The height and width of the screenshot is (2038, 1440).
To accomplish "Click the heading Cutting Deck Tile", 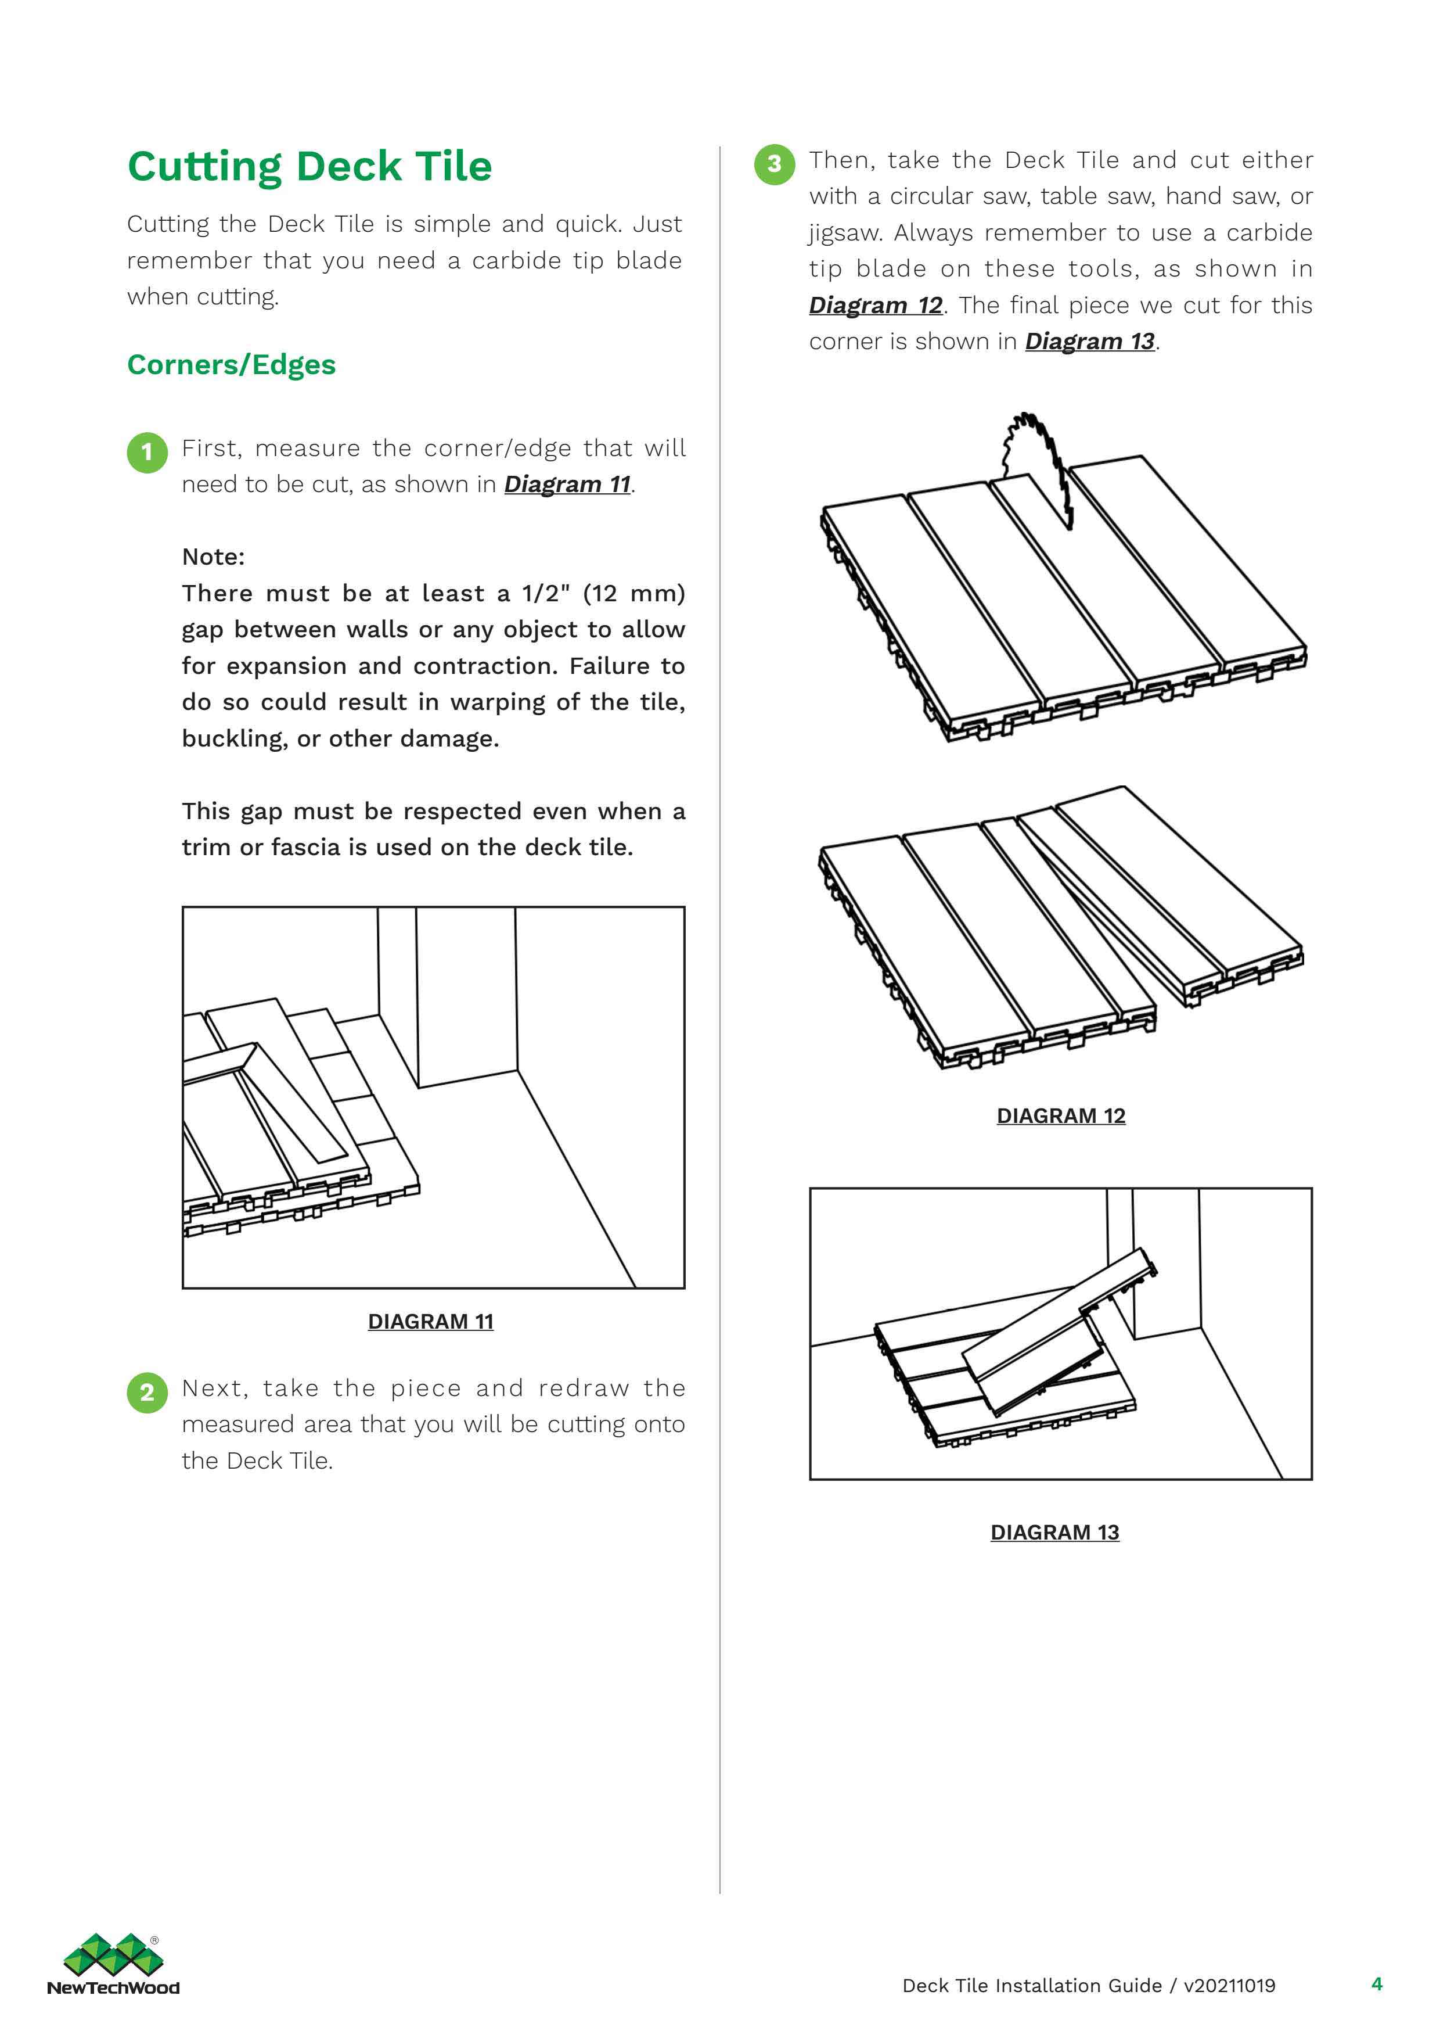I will tap(309, 166).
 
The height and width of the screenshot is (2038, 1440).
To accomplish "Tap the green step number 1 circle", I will tap(147, 452).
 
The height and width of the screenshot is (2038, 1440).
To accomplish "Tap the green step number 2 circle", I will tap(147, 1392).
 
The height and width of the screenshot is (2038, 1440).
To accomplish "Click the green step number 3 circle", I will tap(773, 164).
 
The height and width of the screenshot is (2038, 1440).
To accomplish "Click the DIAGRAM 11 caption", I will tap(430, 1322).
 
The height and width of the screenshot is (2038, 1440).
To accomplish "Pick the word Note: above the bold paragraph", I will tap(213, 557).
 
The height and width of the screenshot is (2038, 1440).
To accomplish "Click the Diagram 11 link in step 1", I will tap(567, 485).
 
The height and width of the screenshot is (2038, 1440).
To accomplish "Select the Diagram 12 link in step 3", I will tap(875, 306).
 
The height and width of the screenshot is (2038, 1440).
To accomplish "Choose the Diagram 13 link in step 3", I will tap(1089, 342).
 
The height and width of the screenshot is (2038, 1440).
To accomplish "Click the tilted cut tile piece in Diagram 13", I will tap(1056, 1332).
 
